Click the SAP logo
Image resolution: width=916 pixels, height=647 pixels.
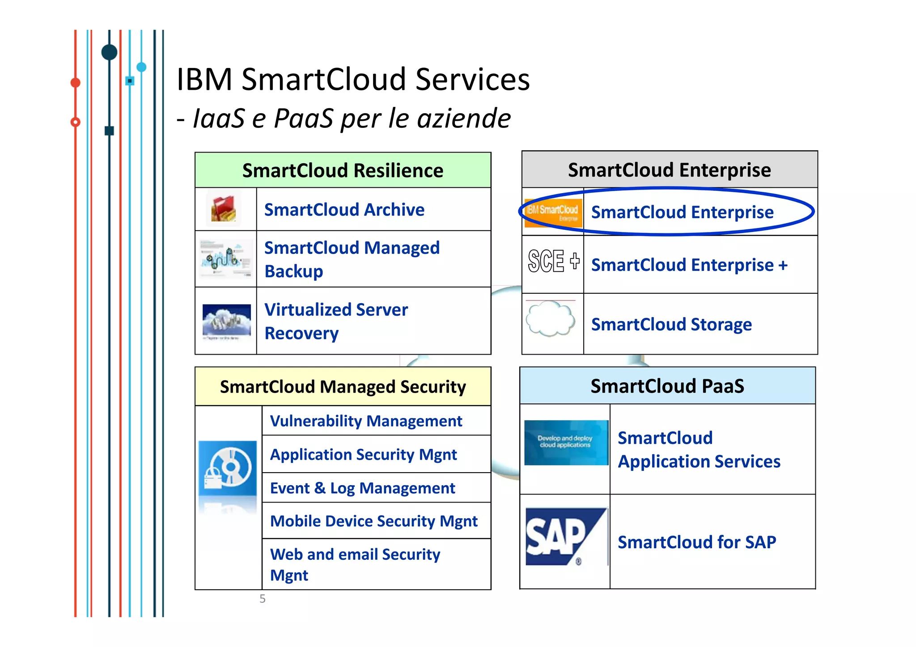tap(565, 537)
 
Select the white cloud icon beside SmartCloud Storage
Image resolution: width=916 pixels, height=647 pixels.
tap(551, 319)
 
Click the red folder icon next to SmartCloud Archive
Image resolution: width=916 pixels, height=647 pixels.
tap(224, 209)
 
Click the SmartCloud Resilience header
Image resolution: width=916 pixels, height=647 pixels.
tap(343, 170)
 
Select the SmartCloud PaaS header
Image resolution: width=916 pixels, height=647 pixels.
tap(667, 386)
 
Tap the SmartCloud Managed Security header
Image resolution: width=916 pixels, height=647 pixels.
tap(343, 387)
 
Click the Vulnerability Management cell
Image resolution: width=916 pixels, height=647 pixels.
tap(366, 421)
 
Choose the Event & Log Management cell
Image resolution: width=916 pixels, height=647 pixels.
tap(362, 488)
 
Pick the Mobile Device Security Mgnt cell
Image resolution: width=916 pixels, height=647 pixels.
tap(374, 521)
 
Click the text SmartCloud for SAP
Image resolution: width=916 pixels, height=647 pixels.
tap(696, 542)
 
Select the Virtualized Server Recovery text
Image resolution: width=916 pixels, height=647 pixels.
tap(336, 321)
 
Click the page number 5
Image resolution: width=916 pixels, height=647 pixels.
tap(263, 599)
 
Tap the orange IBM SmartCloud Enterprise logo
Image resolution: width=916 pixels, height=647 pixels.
tap(553, 212)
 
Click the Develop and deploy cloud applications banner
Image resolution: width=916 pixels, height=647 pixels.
tap(565, 442)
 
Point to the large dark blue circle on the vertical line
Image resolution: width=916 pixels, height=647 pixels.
tap(109, 52)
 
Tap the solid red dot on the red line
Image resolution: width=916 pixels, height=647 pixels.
tap(75, 83)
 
